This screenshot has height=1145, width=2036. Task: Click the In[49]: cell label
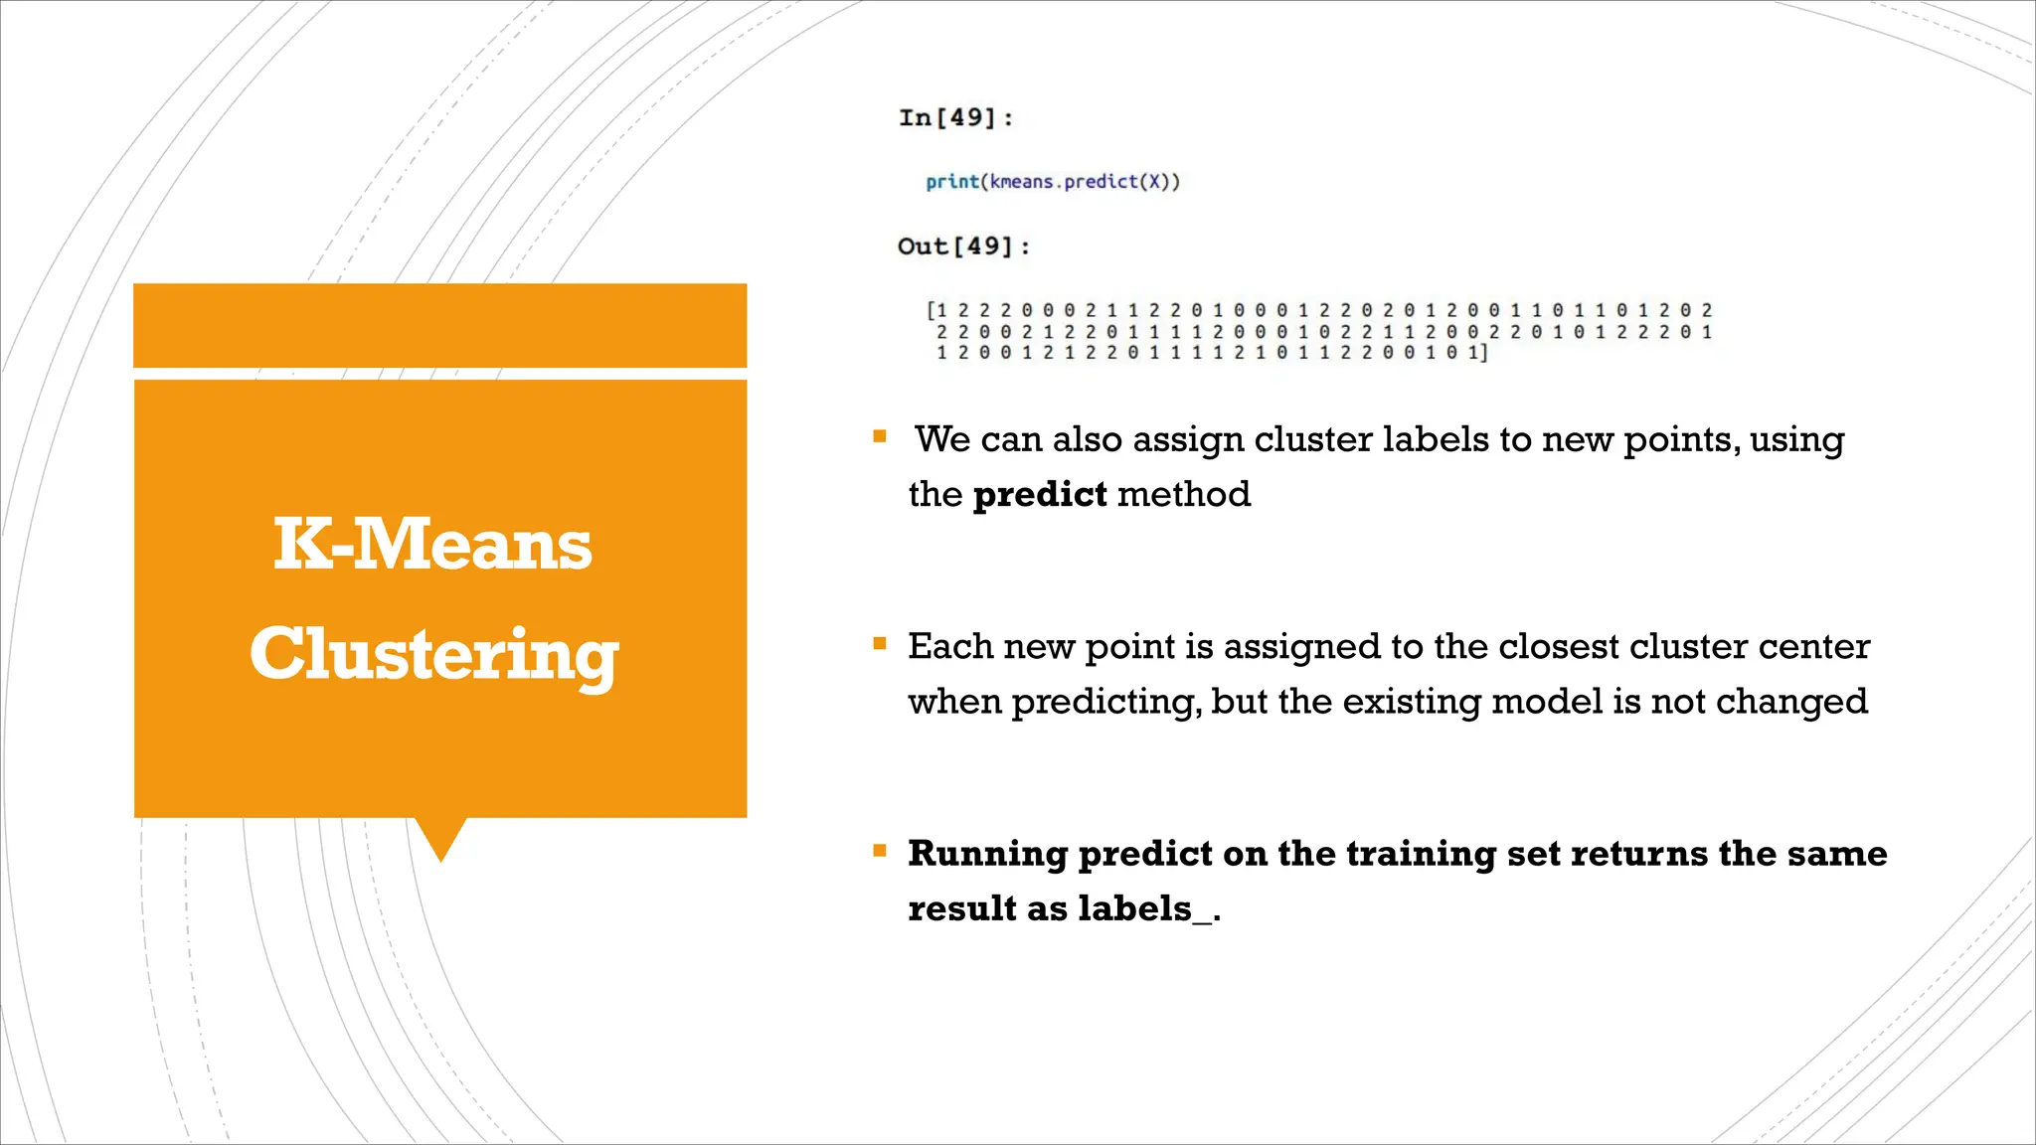[955, 118]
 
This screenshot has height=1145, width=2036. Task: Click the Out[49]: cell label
[962, 246]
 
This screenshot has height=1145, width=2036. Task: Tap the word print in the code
[951, 182]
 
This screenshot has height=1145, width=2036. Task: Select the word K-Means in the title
[432, 545]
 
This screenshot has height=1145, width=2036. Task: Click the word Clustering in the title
[434, 654]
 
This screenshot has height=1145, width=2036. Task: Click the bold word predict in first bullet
[1040, 494]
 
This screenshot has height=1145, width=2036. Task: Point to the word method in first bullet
[1184, 494]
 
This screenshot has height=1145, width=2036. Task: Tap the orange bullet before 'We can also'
[880, 435]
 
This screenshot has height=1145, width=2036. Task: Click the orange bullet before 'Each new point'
[880, 643]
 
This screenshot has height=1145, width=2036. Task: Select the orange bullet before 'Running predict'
[880, 850]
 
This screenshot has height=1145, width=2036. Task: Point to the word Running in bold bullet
[987, 854]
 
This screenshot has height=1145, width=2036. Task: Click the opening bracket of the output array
[931, 311]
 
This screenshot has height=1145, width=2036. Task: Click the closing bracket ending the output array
[1484, 353]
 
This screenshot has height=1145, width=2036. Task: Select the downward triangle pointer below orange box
[440, 836]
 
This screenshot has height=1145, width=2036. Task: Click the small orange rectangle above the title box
[439, 325]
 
